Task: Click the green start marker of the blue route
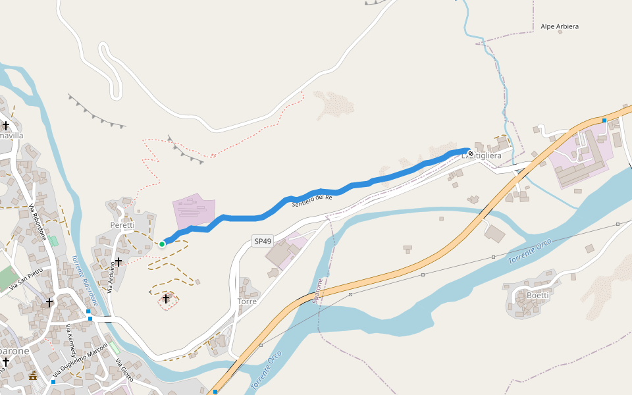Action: click(x=162, y=244)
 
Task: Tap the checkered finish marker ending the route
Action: click(x=471, y=153)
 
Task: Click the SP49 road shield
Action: click(x=263, y=242)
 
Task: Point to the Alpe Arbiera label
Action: click(x=560, y=26)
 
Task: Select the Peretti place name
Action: click(x=122, y=225)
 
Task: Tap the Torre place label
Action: click(x=247, y=302)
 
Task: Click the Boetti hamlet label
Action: click(x=538, y=296)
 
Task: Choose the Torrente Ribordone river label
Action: click(x=84, y=280)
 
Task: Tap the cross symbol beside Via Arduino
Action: click(x=119, y=262)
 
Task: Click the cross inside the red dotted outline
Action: click(x=166, y=300)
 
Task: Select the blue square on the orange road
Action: click(x=604, y=120)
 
